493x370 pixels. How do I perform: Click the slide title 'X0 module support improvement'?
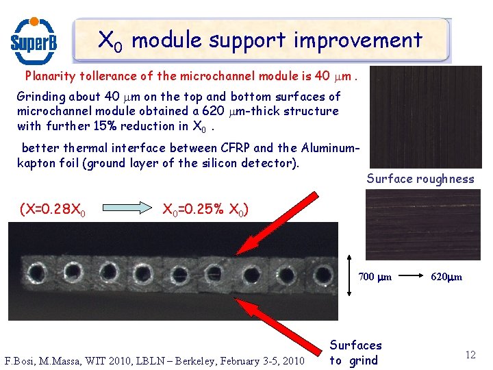pyautogui.click(x=260, y=40)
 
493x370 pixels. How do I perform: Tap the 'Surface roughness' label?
pyautogui.click(x=420, y=179)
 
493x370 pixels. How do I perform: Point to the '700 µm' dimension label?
pyautogui.click(x=375, y=277)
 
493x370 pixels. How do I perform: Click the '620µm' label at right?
pyautogui.click(x=446, y=277)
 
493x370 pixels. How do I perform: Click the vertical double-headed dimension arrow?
pyautogui.click(x=349, y=277)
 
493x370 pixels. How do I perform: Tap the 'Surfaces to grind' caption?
pyautogui.click(x=355, y=353)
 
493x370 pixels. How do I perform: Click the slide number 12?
pyautogui.click(x=470, y=354)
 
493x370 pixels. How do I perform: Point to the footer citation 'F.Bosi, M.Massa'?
pyautogui.click(x=154, y=360)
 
